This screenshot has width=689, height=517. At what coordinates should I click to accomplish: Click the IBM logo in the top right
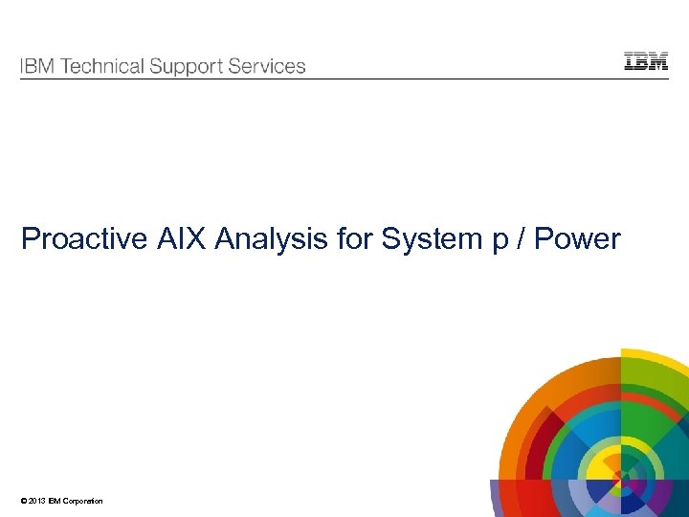point(646,61)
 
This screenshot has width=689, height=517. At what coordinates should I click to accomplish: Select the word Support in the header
point(189,68)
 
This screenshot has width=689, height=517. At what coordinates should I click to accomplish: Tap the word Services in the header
point(268,67)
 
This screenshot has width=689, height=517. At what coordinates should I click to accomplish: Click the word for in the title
point(355,238)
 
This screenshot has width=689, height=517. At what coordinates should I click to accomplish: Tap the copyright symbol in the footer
point(23,502)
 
